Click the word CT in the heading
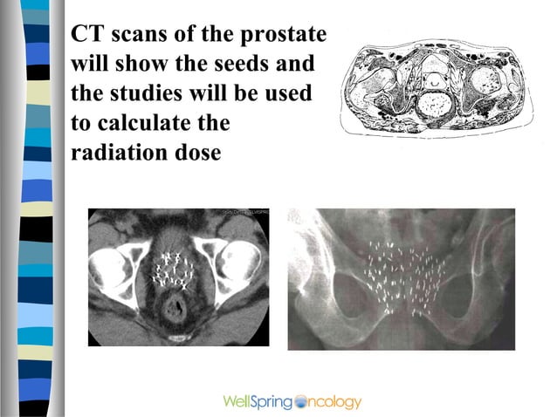[x=86, y=35]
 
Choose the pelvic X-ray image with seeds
[x=401, y=278]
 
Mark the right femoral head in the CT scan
[x=238, y=266]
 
